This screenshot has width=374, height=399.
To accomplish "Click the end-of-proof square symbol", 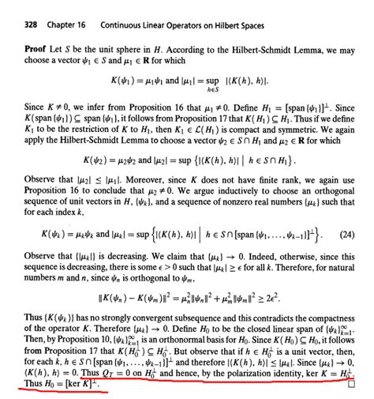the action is [x=353, y=386].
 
